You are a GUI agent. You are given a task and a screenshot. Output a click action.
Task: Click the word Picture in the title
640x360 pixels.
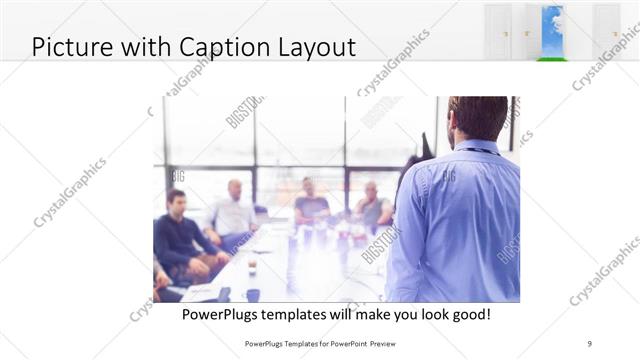click(71, 46)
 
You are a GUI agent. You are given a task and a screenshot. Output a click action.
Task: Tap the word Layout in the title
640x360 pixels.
click(317, 46)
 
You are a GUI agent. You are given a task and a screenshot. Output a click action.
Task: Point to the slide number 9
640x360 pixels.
click(591, 342)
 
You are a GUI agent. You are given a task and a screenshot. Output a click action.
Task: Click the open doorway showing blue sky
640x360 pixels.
click(552, 28)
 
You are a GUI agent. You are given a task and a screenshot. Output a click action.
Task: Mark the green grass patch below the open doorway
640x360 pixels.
click(552, 59)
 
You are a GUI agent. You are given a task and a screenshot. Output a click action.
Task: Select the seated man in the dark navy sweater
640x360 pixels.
click(177, 235)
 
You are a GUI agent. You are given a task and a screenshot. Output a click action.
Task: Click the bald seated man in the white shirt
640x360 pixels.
click(234, 212)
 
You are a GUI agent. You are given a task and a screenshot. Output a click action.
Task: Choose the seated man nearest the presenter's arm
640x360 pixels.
click(373, 205)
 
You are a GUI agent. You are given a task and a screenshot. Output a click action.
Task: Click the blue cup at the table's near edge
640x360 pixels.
click(252, 295)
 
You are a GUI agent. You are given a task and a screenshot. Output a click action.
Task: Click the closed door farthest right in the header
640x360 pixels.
click(606, 30)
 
